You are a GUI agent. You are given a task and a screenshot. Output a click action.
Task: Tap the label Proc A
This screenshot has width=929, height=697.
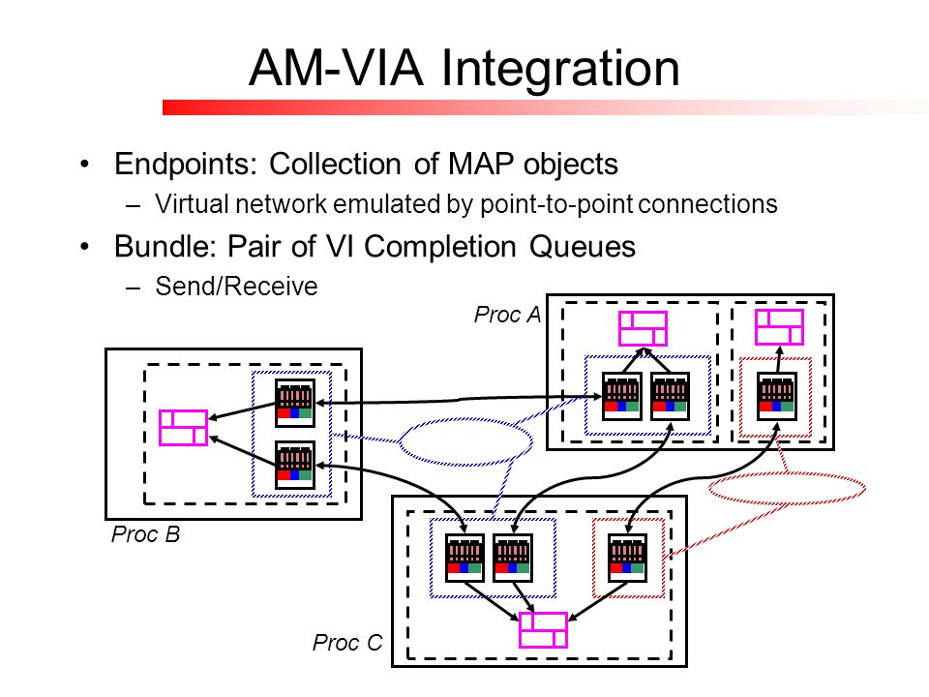[x=507, y=315]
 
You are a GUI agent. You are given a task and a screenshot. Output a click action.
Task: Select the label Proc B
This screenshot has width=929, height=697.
[x=145, y=534]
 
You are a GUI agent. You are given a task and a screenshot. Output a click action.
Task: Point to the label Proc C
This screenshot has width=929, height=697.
[x=347, y=643]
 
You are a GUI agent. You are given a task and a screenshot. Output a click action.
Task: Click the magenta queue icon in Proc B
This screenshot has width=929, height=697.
[x=183, y=427]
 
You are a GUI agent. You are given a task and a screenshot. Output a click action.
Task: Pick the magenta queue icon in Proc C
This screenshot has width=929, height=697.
[x=543, y=630]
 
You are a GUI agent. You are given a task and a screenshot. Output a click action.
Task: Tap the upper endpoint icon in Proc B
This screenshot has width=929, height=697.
[x=295, y=403]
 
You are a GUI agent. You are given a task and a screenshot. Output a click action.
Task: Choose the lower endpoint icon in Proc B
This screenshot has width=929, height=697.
[x=295, y=466]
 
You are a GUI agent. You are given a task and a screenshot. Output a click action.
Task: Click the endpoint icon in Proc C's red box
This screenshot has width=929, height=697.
[x=627, y=559]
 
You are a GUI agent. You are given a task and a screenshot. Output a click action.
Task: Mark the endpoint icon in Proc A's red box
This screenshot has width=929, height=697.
[x=777, y=397]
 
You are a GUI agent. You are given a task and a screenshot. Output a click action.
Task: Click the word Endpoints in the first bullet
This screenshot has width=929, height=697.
[x=186, y=165]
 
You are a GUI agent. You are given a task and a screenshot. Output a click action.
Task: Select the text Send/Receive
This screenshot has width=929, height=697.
[x=236, y=287]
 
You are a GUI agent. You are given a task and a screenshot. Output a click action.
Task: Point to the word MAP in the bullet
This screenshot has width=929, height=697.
[x=481, y=164]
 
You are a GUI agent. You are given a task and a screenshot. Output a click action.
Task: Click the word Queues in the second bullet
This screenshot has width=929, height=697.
[x=583, y=247]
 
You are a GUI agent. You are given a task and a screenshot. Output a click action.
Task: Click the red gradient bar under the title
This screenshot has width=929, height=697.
[x=545, y=107]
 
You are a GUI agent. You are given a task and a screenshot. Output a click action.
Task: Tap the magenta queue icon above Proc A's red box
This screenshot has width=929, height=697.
[x=779, y=327]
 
